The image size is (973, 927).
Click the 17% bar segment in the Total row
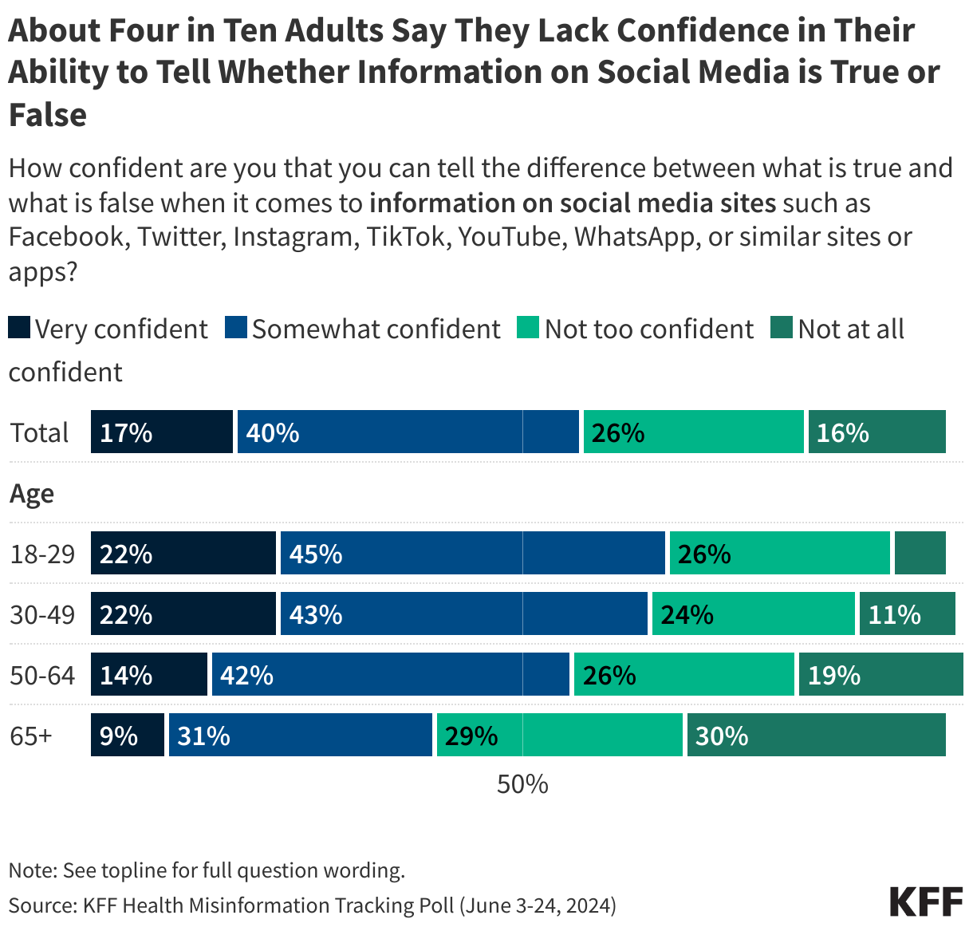(162, 432)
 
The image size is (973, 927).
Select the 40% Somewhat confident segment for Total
(408, 432)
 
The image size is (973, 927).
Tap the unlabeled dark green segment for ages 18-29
(920, 553)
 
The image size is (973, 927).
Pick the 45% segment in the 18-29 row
(472, 553)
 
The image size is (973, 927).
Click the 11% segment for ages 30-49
(907, 613)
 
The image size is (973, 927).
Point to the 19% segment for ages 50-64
(880, 674)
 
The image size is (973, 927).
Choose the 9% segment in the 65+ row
(128, 735)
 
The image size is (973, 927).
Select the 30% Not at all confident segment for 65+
(816, 735)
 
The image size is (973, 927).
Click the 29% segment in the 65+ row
(559, 735)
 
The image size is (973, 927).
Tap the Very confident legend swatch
(19, 328)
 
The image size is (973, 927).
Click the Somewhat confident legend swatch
(236, 328)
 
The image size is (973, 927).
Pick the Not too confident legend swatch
(528, 328)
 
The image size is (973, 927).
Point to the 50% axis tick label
(522, 784)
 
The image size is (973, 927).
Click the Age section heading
(32, 494)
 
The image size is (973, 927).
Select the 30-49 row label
(42, 614)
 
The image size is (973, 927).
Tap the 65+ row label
(31, 736)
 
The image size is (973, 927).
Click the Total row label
(40, 432)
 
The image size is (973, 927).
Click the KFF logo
(926, 901)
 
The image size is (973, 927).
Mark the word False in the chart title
(48, 114)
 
